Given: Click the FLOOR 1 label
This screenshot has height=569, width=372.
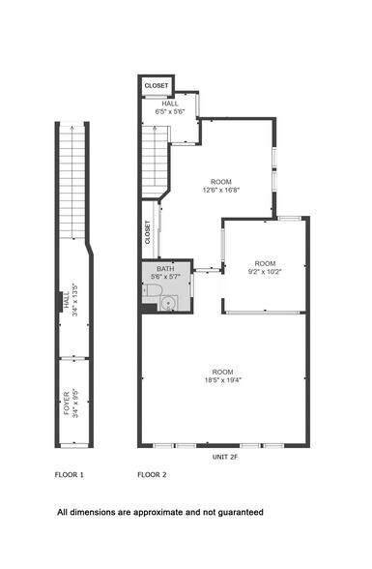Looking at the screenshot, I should (x=69, y=475).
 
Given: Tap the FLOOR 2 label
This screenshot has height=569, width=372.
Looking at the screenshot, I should (x=152, y=475).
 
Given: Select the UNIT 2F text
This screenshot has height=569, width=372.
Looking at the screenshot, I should (x=225, y=456).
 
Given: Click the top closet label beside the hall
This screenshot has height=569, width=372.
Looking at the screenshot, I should (x=157, y=86).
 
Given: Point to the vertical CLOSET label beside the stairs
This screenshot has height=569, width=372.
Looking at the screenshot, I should (x=148, y=232).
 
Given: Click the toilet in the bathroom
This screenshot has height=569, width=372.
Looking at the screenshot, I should (x=152, y=288).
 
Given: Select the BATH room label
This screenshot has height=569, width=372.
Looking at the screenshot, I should (x=165, y=268).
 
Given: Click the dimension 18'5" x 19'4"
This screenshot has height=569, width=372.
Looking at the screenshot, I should (x=222, y=380).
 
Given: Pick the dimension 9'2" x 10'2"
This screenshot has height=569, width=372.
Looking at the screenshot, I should (x=266, y=272).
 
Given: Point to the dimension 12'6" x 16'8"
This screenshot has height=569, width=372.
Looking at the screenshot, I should (x=222, y=191).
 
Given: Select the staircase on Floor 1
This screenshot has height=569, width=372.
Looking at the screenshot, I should (x=72, y=179).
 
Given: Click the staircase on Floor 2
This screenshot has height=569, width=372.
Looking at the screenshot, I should (x=156, y=161).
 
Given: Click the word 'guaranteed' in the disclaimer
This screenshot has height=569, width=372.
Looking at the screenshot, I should (x=237, y=512).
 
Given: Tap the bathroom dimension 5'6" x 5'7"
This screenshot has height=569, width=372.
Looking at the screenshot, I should (x=165, y=277).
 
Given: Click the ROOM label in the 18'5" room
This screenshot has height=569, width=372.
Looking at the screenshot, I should (x=222, y=372).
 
